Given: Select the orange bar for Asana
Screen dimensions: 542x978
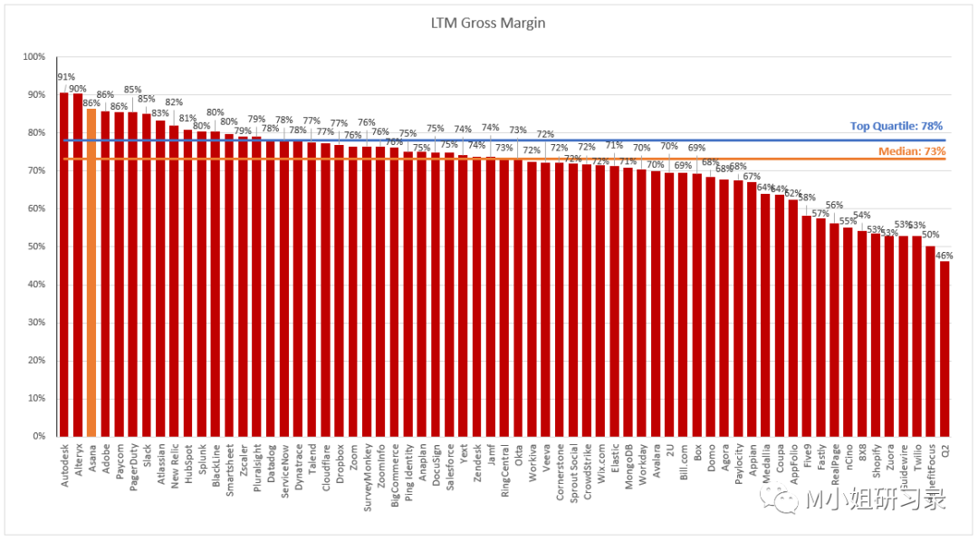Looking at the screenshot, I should click(91, 272).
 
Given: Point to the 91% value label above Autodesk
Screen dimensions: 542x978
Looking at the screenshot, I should click(65, 77).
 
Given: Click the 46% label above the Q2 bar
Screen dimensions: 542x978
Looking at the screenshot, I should click(944, 256).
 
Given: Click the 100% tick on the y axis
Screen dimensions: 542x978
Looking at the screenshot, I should click(34, 57).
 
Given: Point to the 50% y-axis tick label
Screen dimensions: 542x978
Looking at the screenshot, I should click(35, 247).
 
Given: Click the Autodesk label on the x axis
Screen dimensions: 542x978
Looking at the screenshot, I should click(65, 464).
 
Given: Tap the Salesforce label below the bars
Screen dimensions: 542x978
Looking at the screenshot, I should click(450, 466).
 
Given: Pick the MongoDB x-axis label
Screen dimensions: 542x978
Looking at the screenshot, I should click(628, 466).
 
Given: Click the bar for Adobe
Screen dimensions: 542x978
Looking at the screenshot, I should click(105, 273).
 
